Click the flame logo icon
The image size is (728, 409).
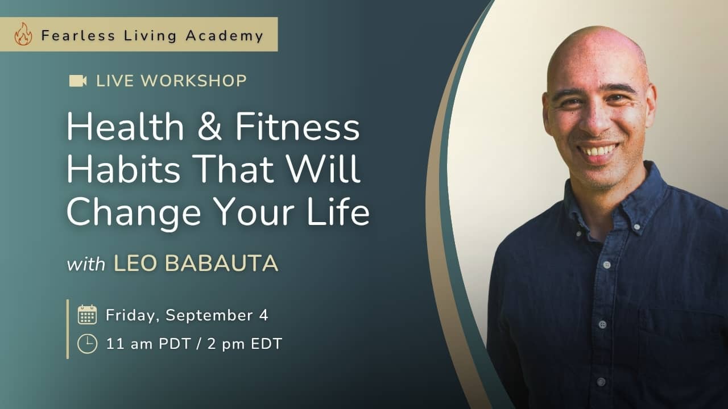tap(23, 34)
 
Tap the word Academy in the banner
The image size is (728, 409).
tap(225, 36)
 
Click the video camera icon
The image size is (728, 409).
tap(78, 81)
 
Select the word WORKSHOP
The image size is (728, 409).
tap(194, 81)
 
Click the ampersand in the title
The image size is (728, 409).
tap(210, 126)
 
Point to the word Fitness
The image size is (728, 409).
tap(297, 126)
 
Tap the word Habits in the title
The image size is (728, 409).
tap(123, 169)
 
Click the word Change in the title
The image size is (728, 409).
tap(134, 212)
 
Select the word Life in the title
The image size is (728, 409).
tap(338, 211)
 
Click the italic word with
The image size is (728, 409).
tap(86, 264)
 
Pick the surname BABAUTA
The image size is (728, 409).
tap(222, 263)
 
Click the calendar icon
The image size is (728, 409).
tap(87, 315)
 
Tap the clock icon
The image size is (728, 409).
tap(87, 344)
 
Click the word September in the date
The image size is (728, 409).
tap(209, 316)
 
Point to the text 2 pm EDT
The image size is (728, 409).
tap(245, 344)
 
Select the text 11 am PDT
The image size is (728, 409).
tap(148, 344)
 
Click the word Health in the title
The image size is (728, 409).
tap(126, 126)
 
